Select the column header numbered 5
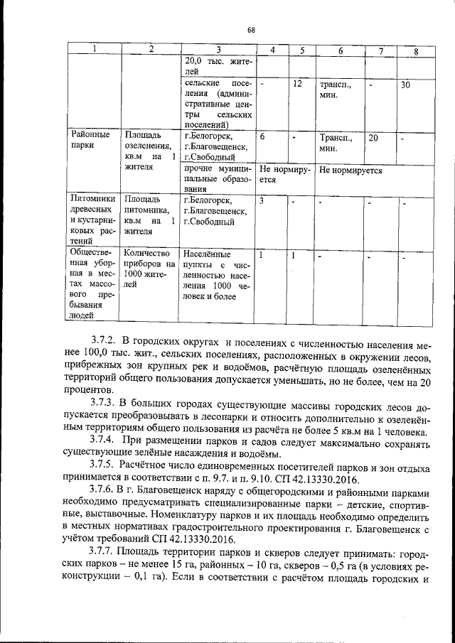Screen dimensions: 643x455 302,50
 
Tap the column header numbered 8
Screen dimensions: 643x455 416,51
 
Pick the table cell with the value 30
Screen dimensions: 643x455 405,85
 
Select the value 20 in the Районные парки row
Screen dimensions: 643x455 373,138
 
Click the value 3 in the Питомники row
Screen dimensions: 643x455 262,201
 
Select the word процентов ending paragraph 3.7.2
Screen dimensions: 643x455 89,390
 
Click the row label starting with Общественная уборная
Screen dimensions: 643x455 90,283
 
